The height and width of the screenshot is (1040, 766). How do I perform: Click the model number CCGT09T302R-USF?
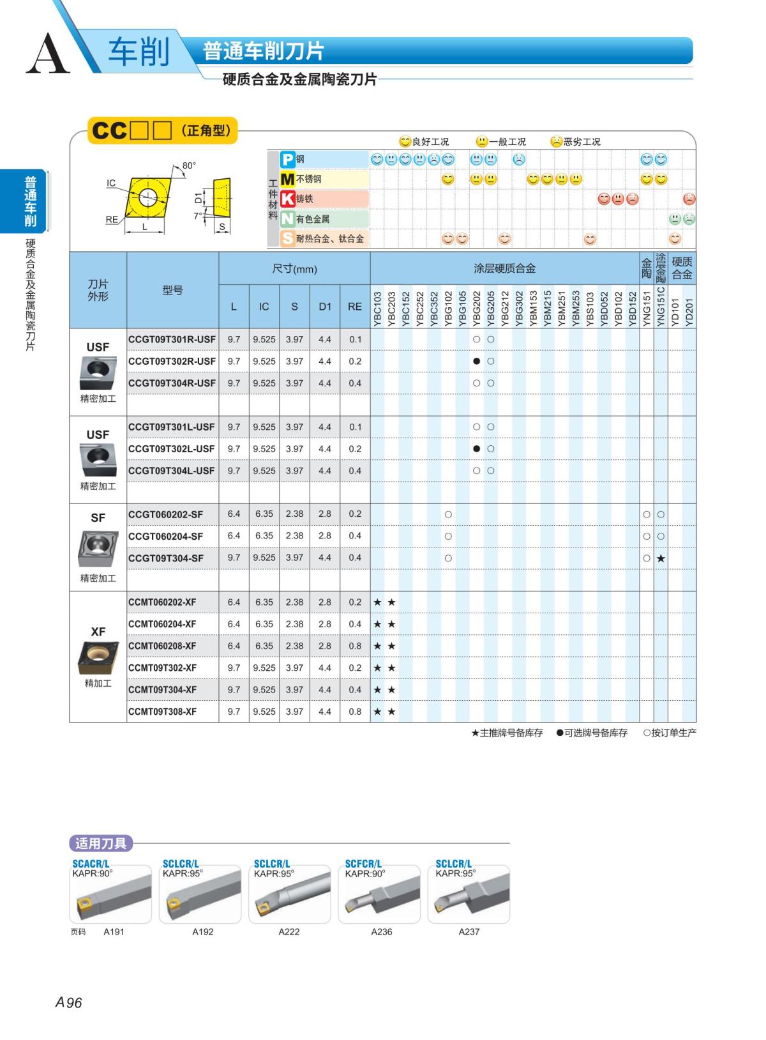(172, 362)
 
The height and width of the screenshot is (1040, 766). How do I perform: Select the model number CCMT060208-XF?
(162, 646)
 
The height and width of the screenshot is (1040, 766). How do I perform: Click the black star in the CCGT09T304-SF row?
(661, 558)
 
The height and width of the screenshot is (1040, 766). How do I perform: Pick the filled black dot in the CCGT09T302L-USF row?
(477, 449)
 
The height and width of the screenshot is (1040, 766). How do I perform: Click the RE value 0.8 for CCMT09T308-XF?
(355, 712)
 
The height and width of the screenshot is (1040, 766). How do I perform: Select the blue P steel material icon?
(289, 159)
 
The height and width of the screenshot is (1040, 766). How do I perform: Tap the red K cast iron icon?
(289, 199)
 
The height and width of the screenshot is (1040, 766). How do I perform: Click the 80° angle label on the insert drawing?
(189, 165)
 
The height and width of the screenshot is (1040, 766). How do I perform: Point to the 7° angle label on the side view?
(198, 215)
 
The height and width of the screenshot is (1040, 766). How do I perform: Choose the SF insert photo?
(98, 549)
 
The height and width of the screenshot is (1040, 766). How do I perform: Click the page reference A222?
(289, 932)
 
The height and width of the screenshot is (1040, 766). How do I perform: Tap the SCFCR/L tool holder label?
(363, 864)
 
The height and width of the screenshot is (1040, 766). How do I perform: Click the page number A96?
(69, 1003)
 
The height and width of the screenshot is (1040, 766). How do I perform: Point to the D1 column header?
(325, 307)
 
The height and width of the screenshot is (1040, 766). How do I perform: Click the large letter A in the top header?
(47, 54)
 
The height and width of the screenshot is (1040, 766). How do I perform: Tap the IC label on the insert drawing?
(111, 183)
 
